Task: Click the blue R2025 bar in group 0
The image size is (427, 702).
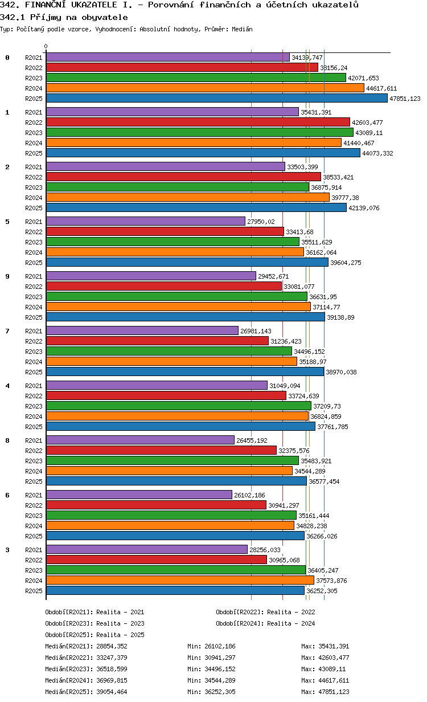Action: pos(216,98)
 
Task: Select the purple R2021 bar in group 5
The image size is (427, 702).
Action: pos(145,221)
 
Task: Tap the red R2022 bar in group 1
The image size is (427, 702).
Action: pos(198,122)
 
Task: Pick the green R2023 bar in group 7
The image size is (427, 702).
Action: pos(169,351)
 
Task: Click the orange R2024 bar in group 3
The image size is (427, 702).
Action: pos(180,580)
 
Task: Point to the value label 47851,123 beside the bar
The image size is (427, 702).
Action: pos(405,99)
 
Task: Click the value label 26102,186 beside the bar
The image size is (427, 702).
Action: pos(249,495)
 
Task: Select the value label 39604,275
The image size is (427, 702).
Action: pos(347,263)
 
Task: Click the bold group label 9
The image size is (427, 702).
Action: pos(7,276)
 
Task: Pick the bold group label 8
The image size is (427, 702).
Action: pos(7,440)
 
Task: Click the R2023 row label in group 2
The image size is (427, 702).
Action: pos(34,187)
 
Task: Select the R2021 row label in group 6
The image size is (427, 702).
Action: pos(34,495)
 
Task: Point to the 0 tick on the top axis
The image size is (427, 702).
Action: pos(46,47)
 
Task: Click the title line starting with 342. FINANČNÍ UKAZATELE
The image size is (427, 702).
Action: pos(179,5)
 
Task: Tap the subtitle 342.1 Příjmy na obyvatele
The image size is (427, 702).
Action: pos(64,17)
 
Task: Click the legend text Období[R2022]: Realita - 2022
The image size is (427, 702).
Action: pos(265,612)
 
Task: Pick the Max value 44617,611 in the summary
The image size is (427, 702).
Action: pos(325,680)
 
